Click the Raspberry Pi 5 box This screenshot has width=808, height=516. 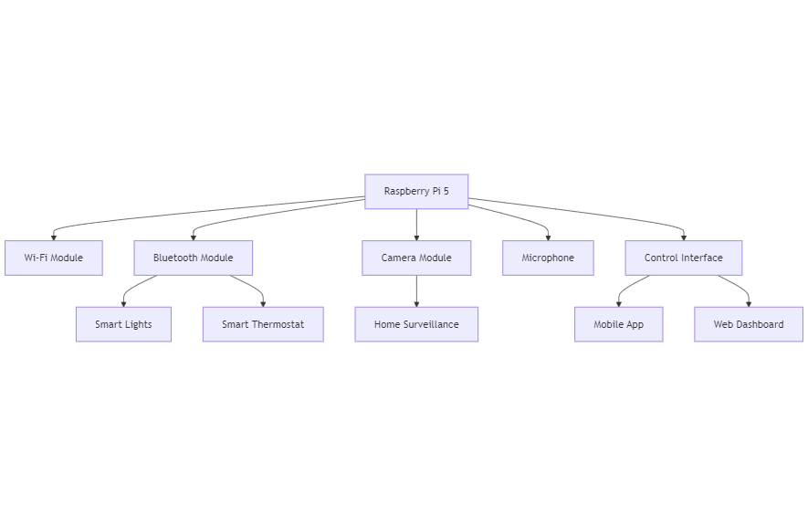click(x=416, y=191)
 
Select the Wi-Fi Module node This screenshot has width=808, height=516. click(x=54, y=258)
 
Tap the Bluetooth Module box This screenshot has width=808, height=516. click(x=194, y=258)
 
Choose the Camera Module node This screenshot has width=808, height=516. click(x=416, y=258)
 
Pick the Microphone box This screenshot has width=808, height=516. click(x=548, y=258)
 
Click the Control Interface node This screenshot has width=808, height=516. click(x=684, y=258)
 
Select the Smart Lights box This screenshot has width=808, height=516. click(x=123, y=324)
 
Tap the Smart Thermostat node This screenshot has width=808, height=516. click(x=263, y=324)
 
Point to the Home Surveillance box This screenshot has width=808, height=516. click(x=416, y=324)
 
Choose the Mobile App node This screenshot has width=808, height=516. click(x=618, y=324)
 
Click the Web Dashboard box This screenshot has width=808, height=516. click(x=749, y=324)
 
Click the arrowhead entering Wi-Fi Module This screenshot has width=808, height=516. click(x=54, y=237)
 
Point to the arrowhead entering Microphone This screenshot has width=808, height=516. click(x=548, y=237)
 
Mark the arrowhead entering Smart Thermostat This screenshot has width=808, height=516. click(x=263, y=304)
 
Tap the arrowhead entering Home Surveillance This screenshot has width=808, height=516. click(x=416, y=304)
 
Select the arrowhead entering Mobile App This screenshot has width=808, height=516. click(x=618, y=304)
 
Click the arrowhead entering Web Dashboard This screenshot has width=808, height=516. click(x=749, y=304)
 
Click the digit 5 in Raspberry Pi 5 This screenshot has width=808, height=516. click(x=446, y=191)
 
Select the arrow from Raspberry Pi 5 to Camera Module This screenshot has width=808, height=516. click(x=416, y=225)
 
